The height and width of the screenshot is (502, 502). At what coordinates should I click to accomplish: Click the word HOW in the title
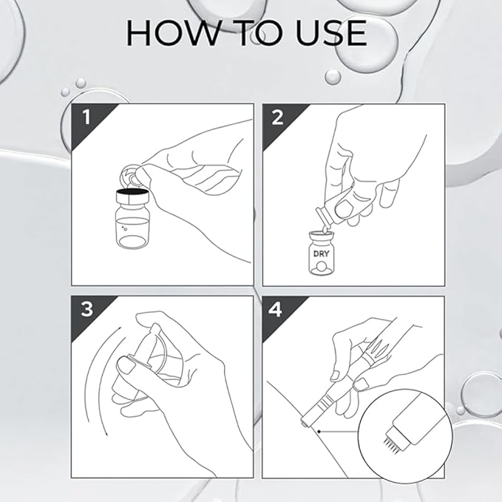(x=172, y=33)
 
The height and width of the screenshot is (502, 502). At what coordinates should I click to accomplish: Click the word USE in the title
(x=331, y=33)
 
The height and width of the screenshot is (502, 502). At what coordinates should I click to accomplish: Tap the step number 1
(x=86, y=117)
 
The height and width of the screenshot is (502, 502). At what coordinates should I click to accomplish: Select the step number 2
(x=277, y=117)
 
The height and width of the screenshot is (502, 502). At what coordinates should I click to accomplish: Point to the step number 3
(x=87, y=309)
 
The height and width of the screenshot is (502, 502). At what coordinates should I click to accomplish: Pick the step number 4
(x=276, y=310)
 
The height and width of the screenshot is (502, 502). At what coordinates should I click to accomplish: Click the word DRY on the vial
(x=321, y=254)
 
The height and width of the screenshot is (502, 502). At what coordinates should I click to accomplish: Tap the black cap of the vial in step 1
(x=132, y=192)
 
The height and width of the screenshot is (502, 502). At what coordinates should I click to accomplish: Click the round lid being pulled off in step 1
(x=129, y=175)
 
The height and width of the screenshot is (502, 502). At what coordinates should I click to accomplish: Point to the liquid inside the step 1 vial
(x=132, y=232)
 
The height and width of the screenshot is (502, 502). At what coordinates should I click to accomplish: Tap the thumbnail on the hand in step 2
(x=343, y=208)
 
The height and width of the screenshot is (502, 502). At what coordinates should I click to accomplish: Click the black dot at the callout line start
(x=319, y=432)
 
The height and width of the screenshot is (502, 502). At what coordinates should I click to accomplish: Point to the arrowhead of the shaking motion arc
(x=106, y=433)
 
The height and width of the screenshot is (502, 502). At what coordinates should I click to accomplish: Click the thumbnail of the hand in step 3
(x=125, y=365)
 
